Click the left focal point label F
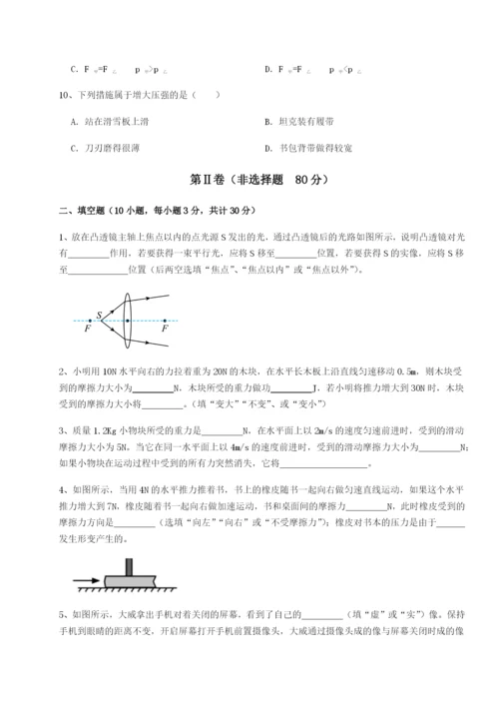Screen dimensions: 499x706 [x=88, y=328]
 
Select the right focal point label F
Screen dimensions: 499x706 [x=165, y=328]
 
